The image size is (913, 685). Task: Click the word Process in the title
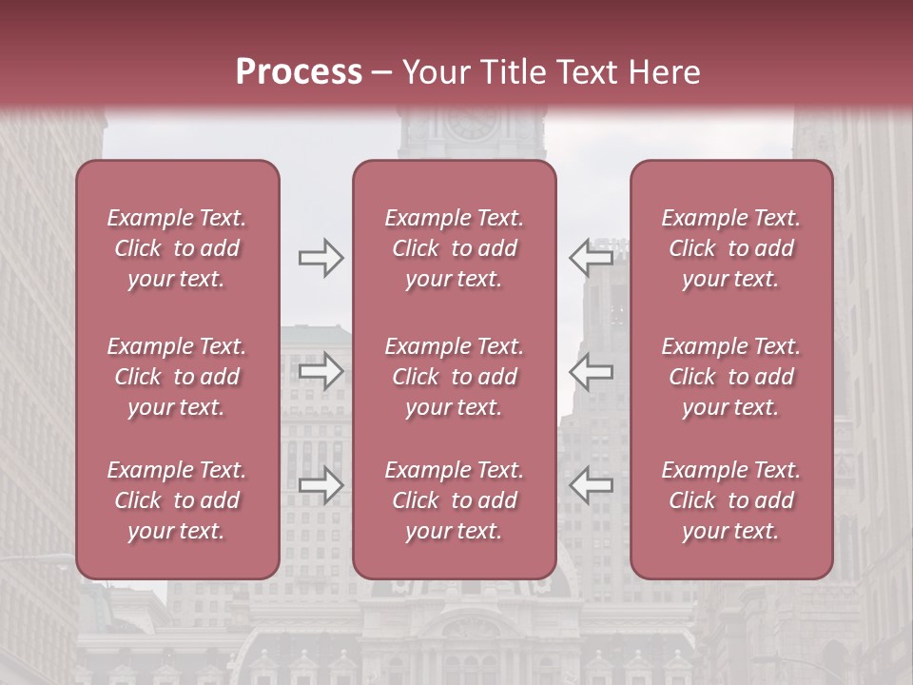click(x=299, y=72)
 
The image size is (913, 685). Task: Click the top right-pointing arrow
click(x=321, y=258)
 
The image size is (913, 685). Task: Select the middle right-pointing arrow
click(x=321, y=371)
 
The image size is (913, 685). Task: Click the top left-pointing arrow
click(x=592, y=258)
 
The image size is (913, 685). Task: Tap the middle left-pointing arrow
click(x=592, y=371)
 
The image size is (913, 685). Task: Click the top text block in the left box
click(x=177, y=248)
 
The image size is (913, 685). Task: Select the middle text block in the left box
click(x=177, y=377)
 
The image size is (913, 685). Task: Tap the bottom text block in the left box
click(x=177, y=500)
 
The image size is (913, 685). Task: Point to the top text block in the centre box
click(x=455, y=248)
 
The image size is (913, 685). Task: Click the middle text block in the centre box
click(x=455, y=377)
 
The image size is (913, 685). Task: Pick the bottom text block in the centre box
click(x=455, y=500)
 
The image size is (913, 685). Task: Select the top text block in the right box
click(x=731, y=248)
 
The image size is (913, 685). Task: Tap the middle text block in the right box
click(x=731, y=377)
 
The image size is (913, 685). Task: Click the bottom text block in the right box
click(x=731, y=500)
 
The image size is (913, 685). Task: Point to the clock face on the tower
click(x=471, y=123)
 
